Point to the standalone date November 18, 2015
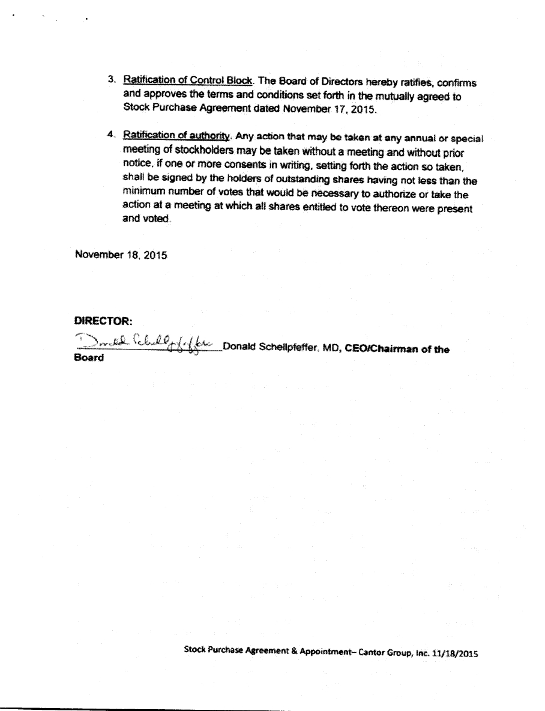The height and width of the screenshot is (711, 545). coord(121,254)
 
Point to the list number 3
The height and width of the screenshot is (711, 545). coord(112,80)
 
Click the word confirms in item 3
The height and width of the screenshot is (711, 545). coord(459,83)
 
